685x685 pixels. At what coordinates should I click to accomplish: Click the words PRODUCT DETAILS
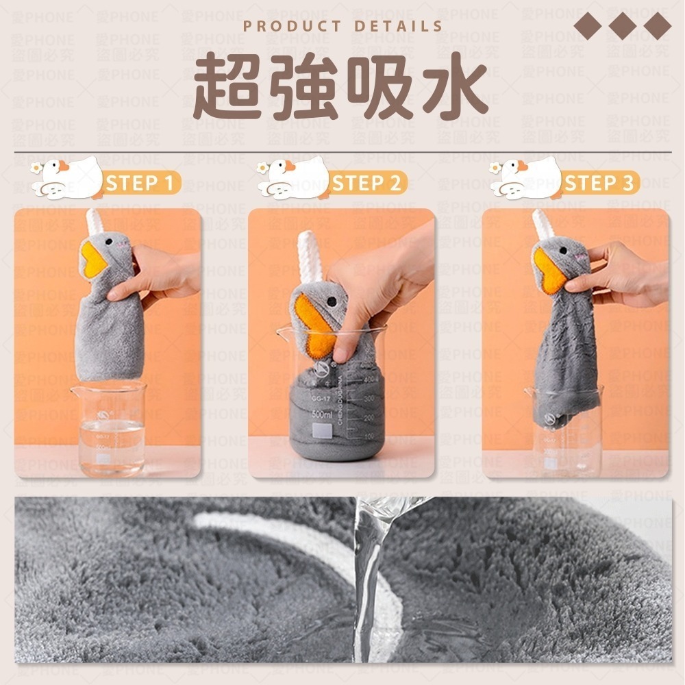click(x=343, y=27)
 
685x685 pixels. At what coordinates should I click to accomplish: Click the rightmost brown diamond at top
click(x=658, y=25)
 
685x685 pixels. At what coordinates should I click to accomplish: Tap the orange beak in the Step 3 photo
click(x=549, y=269)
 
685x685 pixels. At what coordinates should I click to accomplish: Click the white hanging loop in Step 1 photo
click(x=94, y=223)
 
